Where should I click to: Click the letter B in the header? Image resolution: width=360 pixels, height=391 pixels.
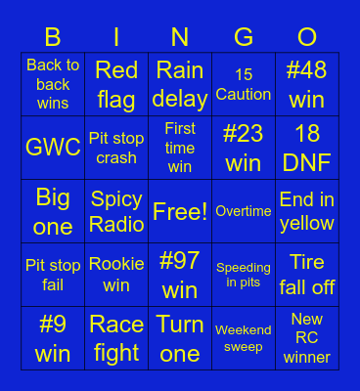53,37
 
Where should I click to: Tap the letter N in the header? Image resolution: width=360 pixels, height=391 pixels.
180,37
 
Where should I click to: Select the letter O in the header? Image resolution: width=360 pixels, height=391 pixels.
307,37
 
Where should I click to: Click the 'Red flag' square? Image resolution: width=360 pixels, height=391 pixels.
116,84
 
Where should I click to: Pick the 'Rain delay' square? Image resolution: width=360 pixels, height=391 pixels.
180,84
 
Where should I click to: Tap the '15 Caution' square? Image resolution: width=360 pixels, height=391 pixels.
244,84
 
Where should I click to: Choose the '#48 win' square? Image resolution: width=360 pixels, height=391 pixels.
307,84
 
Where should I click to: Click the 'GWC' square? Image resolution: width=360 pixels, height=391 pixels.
53,148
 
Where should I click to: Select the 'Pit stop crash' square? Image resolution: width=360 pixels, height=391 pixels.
116,148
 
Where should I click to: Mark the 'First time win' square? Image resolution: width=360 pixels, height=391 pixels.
180,148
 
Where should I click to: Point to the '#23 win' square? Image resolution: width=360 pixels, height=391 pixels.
244,148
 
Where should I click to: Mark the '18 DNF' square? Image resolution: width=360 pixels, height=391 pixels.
307,148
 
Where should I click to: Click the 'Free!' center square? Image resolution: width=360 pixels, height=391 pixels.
180,211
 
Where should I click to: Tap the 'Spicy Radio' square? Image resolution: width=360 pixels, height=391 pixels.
116,211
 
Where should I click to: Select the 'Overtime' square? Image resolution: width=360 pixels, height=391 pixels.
244,211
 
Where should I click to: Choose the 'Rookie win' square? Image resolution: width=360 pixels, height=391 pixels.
116,275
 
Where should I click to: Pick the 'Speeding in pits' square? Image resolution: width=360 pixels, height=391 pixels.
244,275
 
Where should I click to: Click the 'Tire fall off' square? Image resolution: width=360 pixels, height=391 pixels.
307,275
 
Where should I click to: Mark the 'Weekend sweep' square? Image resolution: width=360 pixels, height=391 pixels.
244,338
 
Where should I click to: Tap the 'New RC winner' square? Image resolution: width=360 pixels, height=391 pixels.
307,338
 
